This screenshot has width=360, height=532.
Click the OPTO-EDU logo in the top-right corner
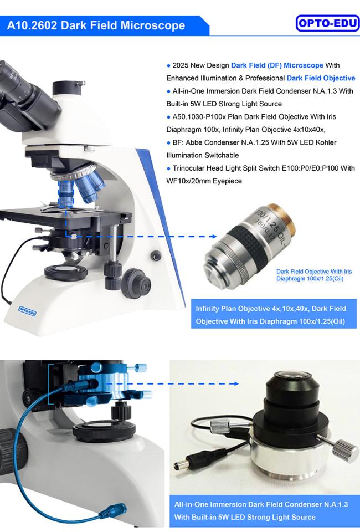click(328, 23)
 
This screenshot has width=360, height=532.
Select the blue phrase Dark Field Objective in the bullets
click(321, 78)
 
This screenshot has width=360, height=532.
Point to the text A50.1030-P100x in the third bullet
click(201, 117)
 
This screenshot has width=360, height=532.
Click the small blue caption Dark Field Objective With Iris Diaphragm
click(313, 274)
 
